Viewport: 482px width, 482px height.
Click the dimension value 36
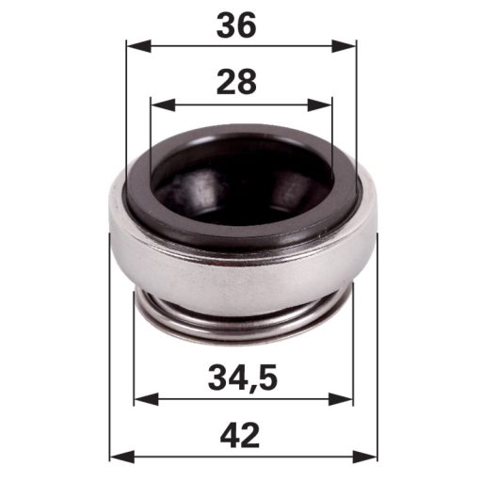click(x=236, y=25)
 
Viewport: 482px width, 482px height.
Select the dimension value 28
click(x=236, y=82)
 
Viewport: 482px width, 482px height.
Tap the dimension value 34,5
click(x=243, y=378)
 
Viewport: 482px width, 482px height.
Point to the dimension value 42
click(x=240, y=437)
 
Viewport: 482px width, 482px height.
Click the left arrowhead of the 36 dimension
click(x=138, y=46)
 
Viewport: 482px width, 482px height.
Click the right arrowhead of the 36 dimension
click(x=344, y=46)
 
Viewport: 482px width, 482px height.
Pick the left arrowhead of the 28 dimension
click(x=163, y=104)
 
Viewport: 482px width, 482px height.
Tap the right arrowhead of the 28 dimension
click(x=320, y=104)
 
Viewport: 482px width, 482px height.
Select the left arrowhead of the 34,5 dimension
click(x=146, y=399)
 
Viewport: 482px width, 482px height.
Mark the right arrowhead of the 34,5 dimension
click(x=341, y=399)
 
